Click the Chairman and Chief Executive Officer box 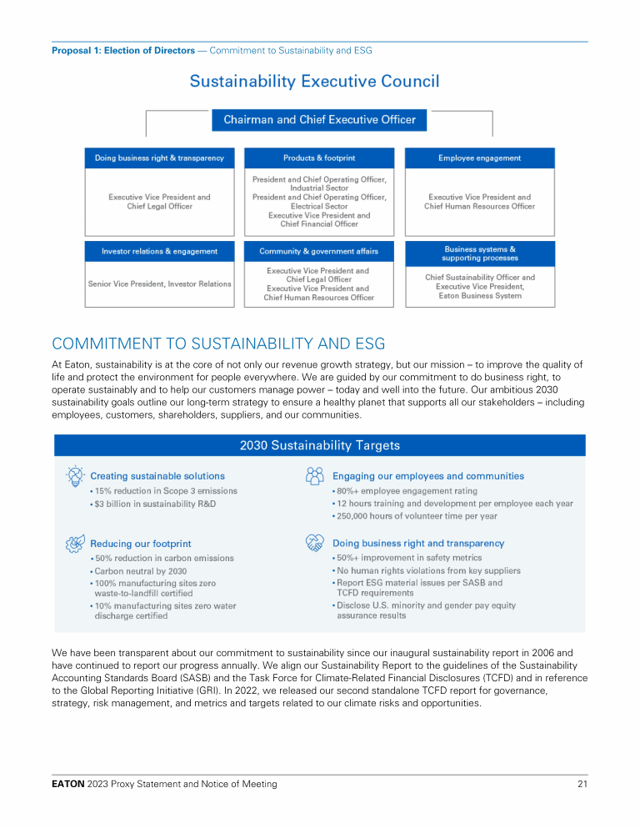click(x=319, y=120)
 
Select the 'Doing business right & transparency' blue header click(x=159, y=158)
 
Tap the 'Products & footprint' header click(x=319, y=158)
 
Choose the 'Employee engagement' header click(x=479, y=158)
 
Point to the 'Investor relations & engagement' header click(x=159, y=251)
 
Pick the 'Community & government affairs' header click(x=319, y=251)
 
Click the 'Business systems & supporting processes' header click(x=479, y=253)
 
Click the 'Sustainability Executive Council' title click(x=314, y=81)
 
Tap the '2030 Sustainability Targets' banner click(x=319, y=445)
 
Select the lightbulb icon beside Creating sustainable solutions click(x=74, y=476)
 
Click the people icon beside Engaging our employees click(x=315, y=476)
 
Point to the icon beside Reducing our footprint click(x=74, y=544)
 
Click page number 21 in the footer click(x=582, y=784)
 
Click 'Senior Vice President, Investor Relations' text click(x=159, y=284)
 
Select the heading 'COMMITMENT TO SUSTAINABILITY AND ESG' click(x=218, y=344)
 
